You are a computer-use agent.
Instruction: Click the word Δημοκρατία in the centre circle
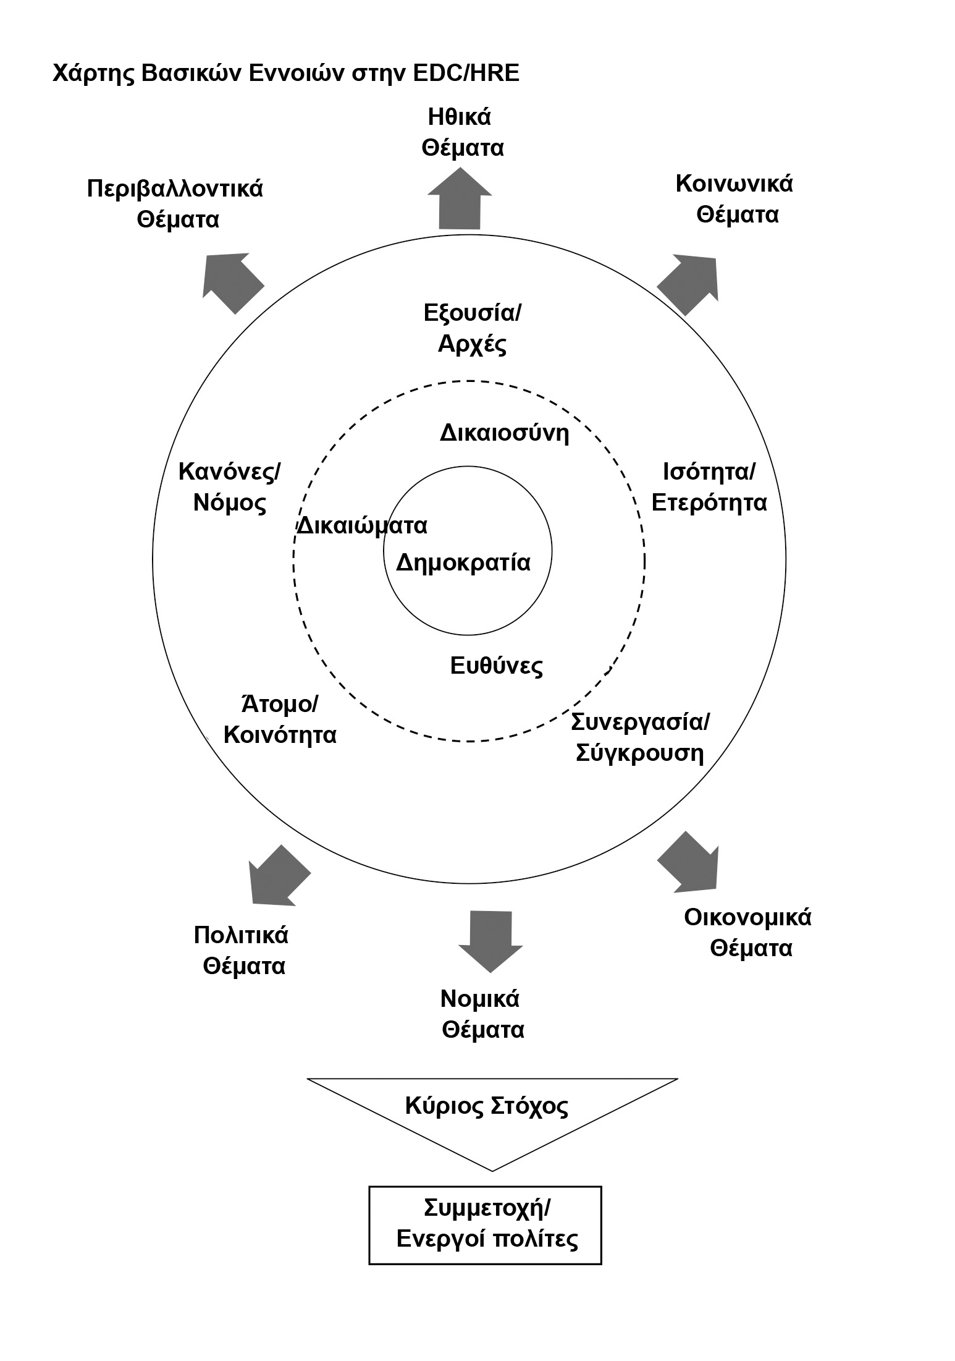463,562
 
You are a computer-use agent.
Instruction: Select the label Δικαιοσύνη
504,433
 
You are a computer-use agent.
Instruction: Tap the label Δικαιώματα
363,526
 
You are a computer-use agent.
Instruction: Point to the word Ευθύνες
496,666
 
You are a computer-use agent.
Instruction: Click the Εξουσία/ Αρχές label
473,328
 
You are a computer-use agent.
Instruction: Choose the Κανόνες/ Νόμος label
229,487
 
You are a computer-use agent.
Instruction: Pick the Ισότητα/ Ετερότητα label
709,487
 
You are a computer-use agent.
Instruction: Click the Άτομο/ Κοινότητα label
279,719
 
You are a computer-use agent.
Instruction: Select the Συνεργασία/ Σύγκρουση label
640,737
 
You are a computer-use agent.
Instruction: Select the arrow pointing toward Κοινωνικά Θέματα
689,283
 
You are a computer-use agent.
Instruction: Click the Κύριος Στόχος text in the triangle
486,1106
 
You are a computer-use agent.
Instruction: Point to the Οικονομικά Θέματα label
748,933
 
